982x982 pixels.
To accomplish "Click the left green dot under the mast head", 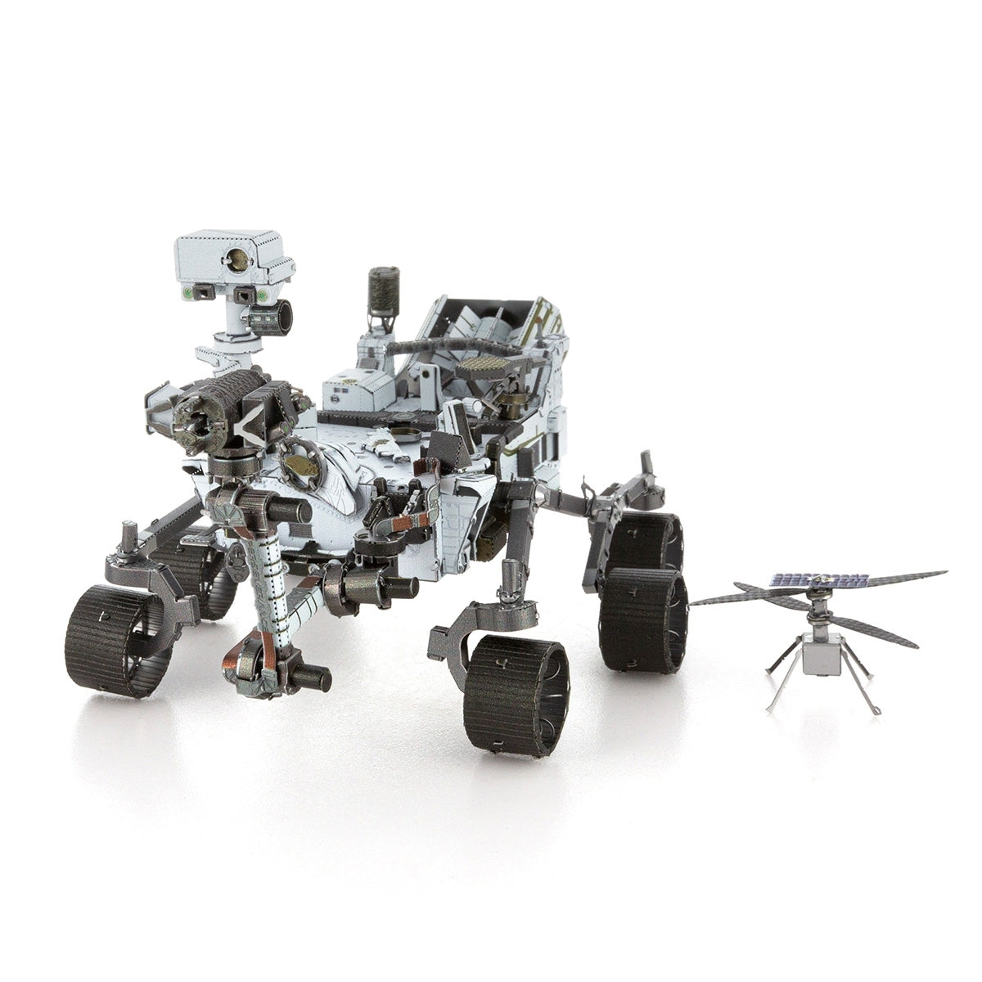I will click(x=190, y=291).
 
